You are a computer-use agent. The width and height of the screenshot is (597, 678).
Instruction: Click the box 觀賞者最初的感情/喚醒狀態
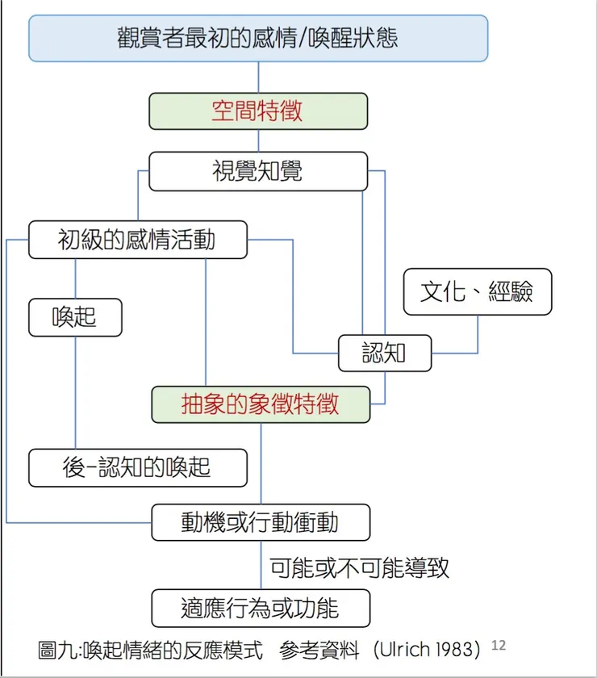coord(258,38)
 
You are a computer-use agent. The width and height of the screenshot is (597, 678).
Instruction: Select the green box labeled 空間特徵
coord(258,111)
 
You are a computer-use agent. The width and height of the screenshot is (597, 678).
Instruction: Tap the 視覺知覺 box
coord(258,171)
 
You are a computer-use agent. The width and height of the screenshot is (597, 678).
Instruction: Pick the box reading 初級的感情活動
coord(137,240)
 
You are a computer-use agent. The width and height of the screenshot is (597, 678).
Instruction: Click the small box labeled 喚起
coord(75,317)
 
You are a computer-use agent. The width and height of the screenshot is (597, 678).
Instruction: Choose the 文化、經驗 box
coord(478,291)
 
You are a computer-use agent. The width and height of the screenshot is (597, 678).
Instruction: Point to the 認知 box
coord(385,353)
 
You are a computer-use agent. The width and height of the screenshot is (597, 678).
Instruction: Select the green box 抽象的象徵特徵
coord(261,404)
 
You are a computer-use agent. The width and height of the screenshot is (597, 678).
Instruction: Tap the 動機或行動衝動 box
coord(261,522)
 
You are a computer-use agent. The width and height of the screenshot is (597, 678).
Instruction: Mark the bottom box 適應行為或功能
coord(261,607)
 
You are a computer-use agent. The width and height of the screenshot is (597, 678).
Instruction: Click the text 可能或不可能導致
coord(360,567)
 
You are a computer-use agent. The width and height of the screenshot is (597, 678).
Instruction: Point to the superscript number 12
coord(498,646)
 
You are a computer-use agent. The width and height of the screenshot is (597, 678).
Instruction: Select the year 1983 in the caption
coord(458,650)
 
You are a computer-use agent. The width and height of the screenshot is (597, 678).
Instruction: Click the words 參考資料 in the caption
coord(314,650)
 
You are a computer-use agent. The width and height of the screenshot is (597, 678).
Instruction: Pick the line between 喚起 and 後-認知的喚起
coord(75,391)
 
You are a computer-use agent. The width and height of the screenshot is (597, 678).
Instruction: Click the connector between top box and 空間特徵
coord(258,77)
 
